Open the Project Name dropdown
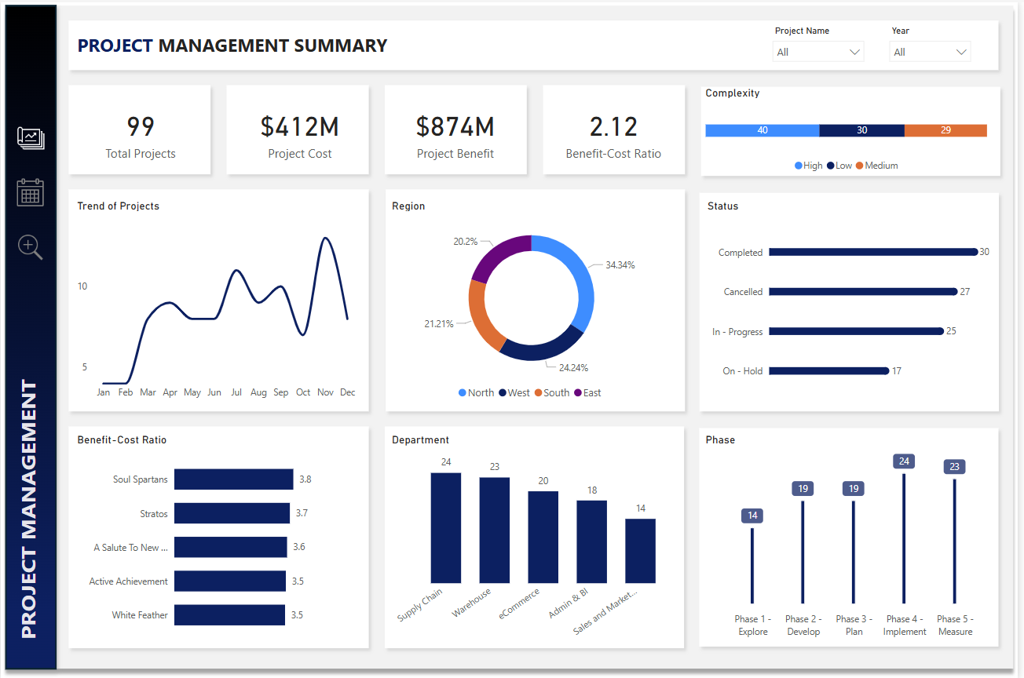tap(817, 52)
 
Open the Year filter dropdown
tap(930, 52)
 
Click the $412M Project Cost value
tap(299, 126)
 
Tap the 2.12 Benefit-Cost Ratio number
tap(613, 126)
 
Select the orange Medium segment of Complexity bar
tap(945, 130)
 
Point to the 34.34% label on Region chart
tap(620, 265)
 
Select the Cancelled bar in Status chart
tap(862, 292)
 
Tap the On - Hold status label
tap(742, 371)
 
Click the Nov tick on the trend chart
tap(325, 392)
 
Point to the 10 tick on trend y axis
tap(82, 286)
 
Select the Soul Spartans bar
tap(233, 479)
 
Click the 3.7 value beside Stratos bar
tap(302, 513)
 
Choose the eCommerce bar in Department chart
tap(543, 537)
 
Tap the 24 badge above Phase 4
tap(904, 461)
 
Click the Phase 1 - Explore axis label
tap(752, 625)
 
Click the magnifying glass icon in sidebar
tap(30, 247)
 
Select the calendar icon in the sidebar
tap(31, 192)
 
